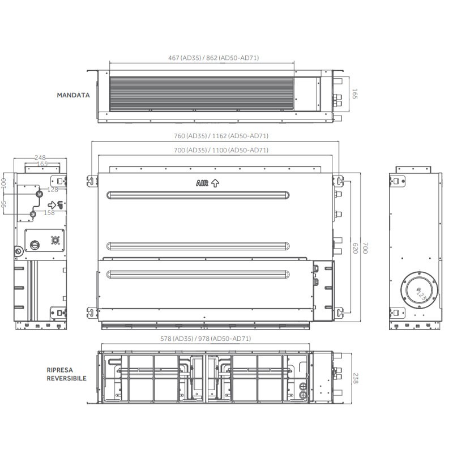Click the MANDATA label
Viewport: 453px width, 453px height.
[x=74, y=95]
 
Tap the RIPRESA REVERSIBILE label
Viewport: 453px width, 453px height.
[x=66, y=374]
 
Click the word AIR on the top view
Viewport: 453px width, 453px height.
[x=202, y=183]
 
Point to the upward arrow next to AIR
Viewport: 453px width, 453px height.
[x=215, y=183]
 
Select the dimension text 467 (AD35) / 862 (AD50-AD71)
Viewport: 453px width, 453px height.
[x=213, y=58]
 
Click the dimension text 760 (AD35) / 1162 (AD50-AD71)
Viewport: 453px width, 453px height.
[x=221, y=136]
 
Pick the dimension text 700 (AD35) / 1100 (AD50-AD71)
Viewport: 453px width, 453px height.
[x=221, y=150]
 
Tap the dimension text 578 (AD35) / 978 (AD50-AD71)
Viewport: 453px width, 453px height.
[x=206, y=338]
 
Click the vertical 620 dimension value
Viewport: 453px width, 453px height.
[x=356, y=248]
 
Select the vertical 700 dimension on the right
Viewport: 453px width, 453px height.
[x=365, y=248]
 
